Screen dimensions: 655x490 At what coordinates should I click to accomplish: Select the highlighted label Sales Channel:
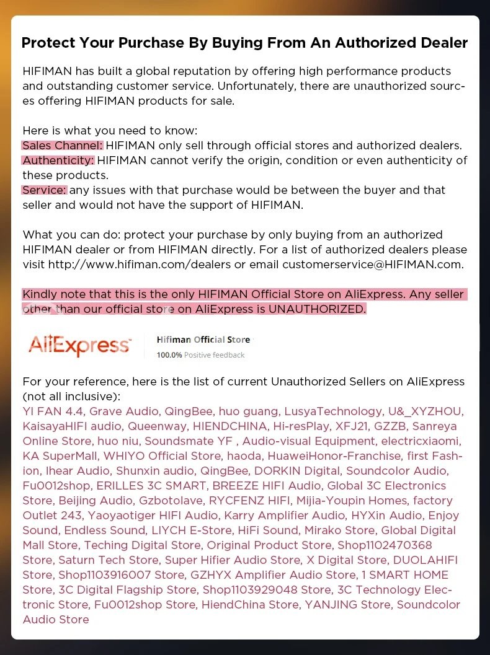click(x=63, y=146)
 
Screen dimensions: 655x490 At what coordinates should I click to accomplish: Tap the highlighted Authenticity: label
click(x=58, y=160)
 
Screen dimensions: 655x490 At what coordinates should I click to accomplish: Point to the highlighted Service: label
click(x=44, y=190)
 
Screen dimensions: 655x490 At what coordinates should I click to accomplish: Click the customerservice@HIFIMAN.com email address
click(x=372, y=265)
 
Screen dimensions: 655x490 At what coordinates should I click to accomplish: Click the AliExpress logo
click(x=79, y=345)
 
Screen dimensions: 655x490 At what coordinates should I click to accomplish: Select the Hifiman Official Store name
click(x=203, y=340)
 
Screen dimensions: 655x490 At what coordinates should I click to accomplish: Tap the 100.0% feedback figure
click(x=169, y=355)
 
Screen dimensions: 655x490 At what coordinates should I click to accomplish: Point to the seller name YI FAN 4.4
click(x=52, y=411)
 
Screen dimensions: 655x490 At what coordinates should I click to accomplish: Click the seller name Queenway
click(x=157, y=426)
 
